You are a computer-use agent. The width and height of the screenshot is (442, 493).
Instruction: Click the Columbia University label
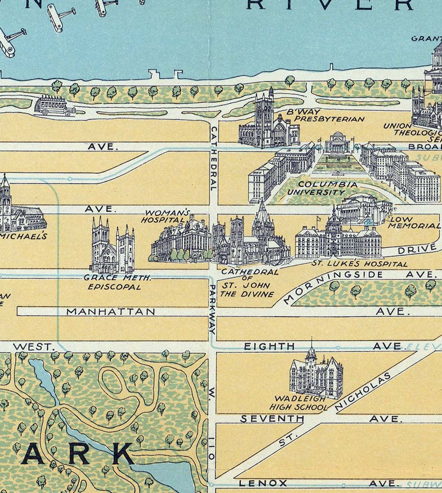coord(322,188)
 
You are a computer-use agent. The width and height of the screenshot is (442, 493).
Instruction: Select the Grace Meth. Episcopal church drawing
coord(113,246)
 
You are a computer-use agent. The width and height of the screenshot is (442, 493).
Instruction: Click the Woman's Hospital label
coord(162,216)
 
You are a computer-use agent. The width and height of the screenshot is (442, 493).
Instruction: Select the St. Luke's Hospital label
coord(359,264)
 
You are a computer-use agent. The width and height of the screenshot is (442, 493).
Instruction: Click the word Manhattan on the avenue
coord(110,311)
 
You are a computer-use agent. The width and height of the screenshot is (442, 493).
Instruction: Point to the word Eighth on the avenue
coord(270,347)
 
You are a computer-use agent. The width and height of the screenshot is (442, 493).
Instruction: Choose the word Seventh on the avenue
coord(272,419)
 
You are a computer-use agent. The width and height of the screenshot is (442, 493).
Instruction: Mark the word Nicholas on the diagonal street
coord(363,391)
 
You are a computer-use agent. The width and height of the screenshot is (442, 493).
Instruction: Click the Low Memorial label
coord(413,223)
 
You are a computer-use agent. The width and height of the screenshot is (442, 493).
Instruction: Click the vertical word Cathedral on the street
coord(214,158)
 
